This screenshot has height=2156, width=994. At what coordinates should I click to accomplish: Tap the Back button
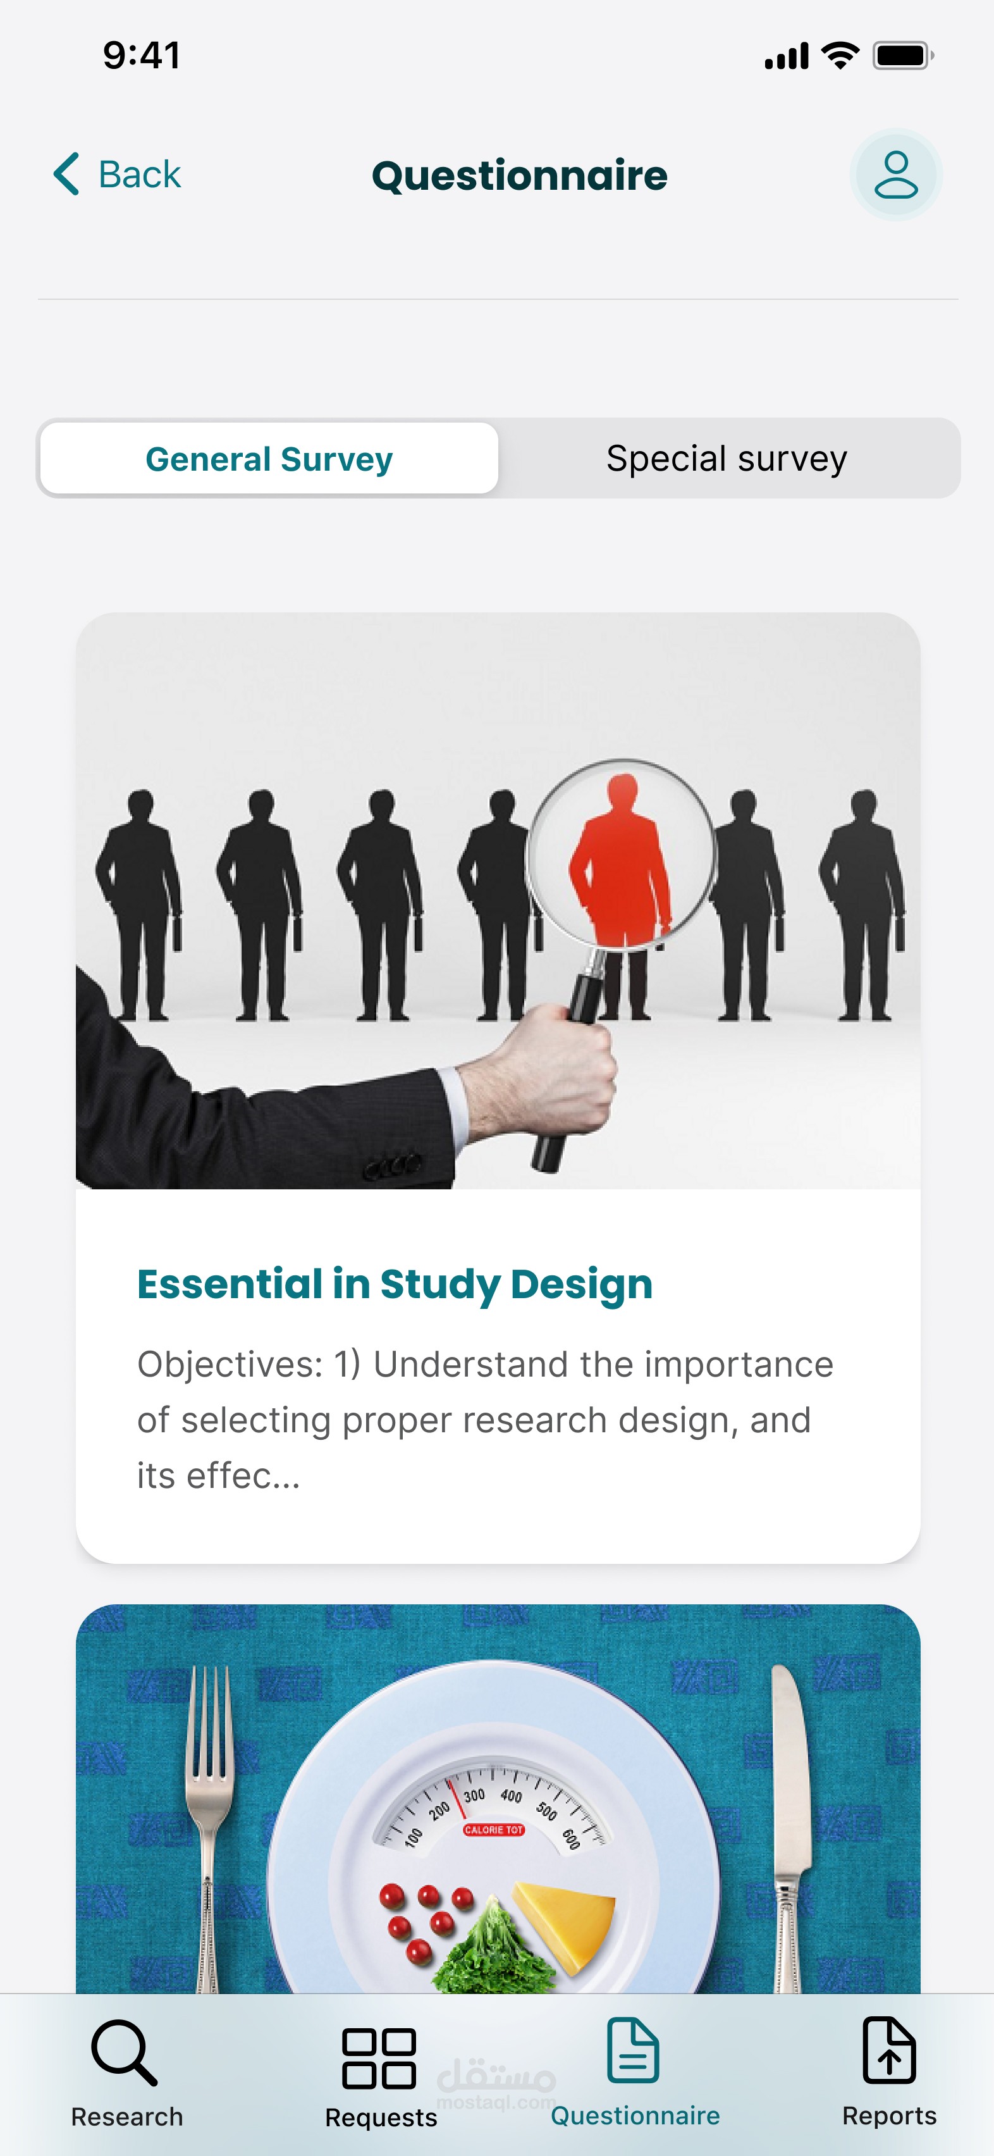pos(116,174)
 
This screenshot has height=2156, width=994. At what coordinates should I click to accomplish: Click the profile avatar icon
pos(896,175)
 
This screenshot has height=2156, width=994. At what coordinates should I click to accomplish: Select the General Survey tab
pos(269,459)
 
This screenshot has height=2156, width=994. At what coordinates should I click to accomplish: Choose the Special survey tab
pos(727,459)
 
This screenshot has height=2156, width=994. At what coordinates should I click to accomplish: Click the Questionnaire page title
pos(520,176)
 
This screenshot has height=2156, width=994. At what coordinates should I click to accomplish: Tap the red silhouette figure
pos(621,862)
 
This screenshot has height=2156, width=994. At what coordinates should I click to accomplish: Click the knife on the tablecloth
pos(789,1825)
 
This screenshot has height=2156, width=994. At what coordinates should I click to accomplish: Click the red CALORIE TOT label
pos(494,1830)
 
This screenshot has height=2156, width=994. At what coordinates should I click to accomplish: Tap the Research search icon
pos(124,2052)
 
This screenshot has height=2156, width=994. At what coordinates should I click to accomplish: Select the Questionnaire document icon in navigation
pos(634,2050)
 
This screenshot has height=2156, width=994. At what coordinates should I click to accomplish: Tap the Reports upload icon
pos(890,2050)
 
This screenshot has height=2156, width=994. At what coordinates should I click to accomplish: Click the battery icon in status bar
pos(903,56)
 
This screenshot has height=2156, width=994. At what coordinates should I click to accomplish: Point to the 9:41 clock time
pos(142,55)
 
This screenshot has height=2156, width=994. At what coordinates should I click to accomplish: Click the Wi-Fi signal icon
pos(841,55)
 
